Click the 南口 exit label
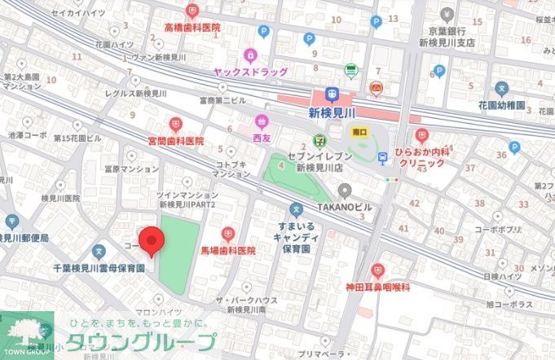click(359, 130)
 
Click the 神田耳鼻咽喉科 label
click(377, 287)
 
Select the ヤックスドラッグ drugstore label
click(249, 72)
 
